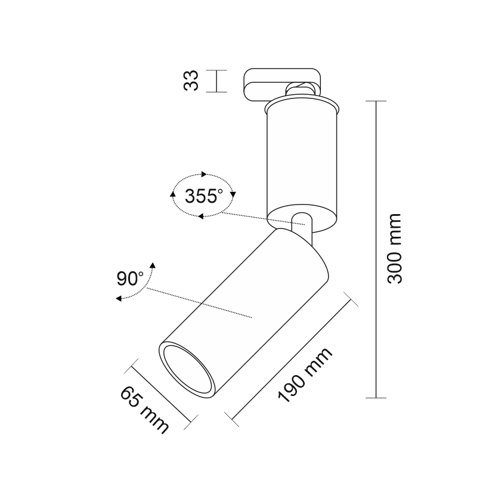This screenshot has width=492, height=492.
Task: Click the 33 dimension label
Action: point(191,81)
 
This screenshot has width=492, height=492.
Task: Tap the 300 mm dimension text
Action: point(394,249)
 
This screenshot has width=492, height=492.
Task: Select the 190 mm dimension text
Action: point(304,375)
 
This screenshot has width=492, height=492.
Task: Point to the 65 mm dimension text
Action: point(144,410)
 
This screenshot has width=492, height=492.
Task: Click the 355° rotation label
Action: point(203,196)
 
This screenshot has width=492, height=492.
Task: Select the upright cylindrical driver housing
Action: point(302,166)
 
